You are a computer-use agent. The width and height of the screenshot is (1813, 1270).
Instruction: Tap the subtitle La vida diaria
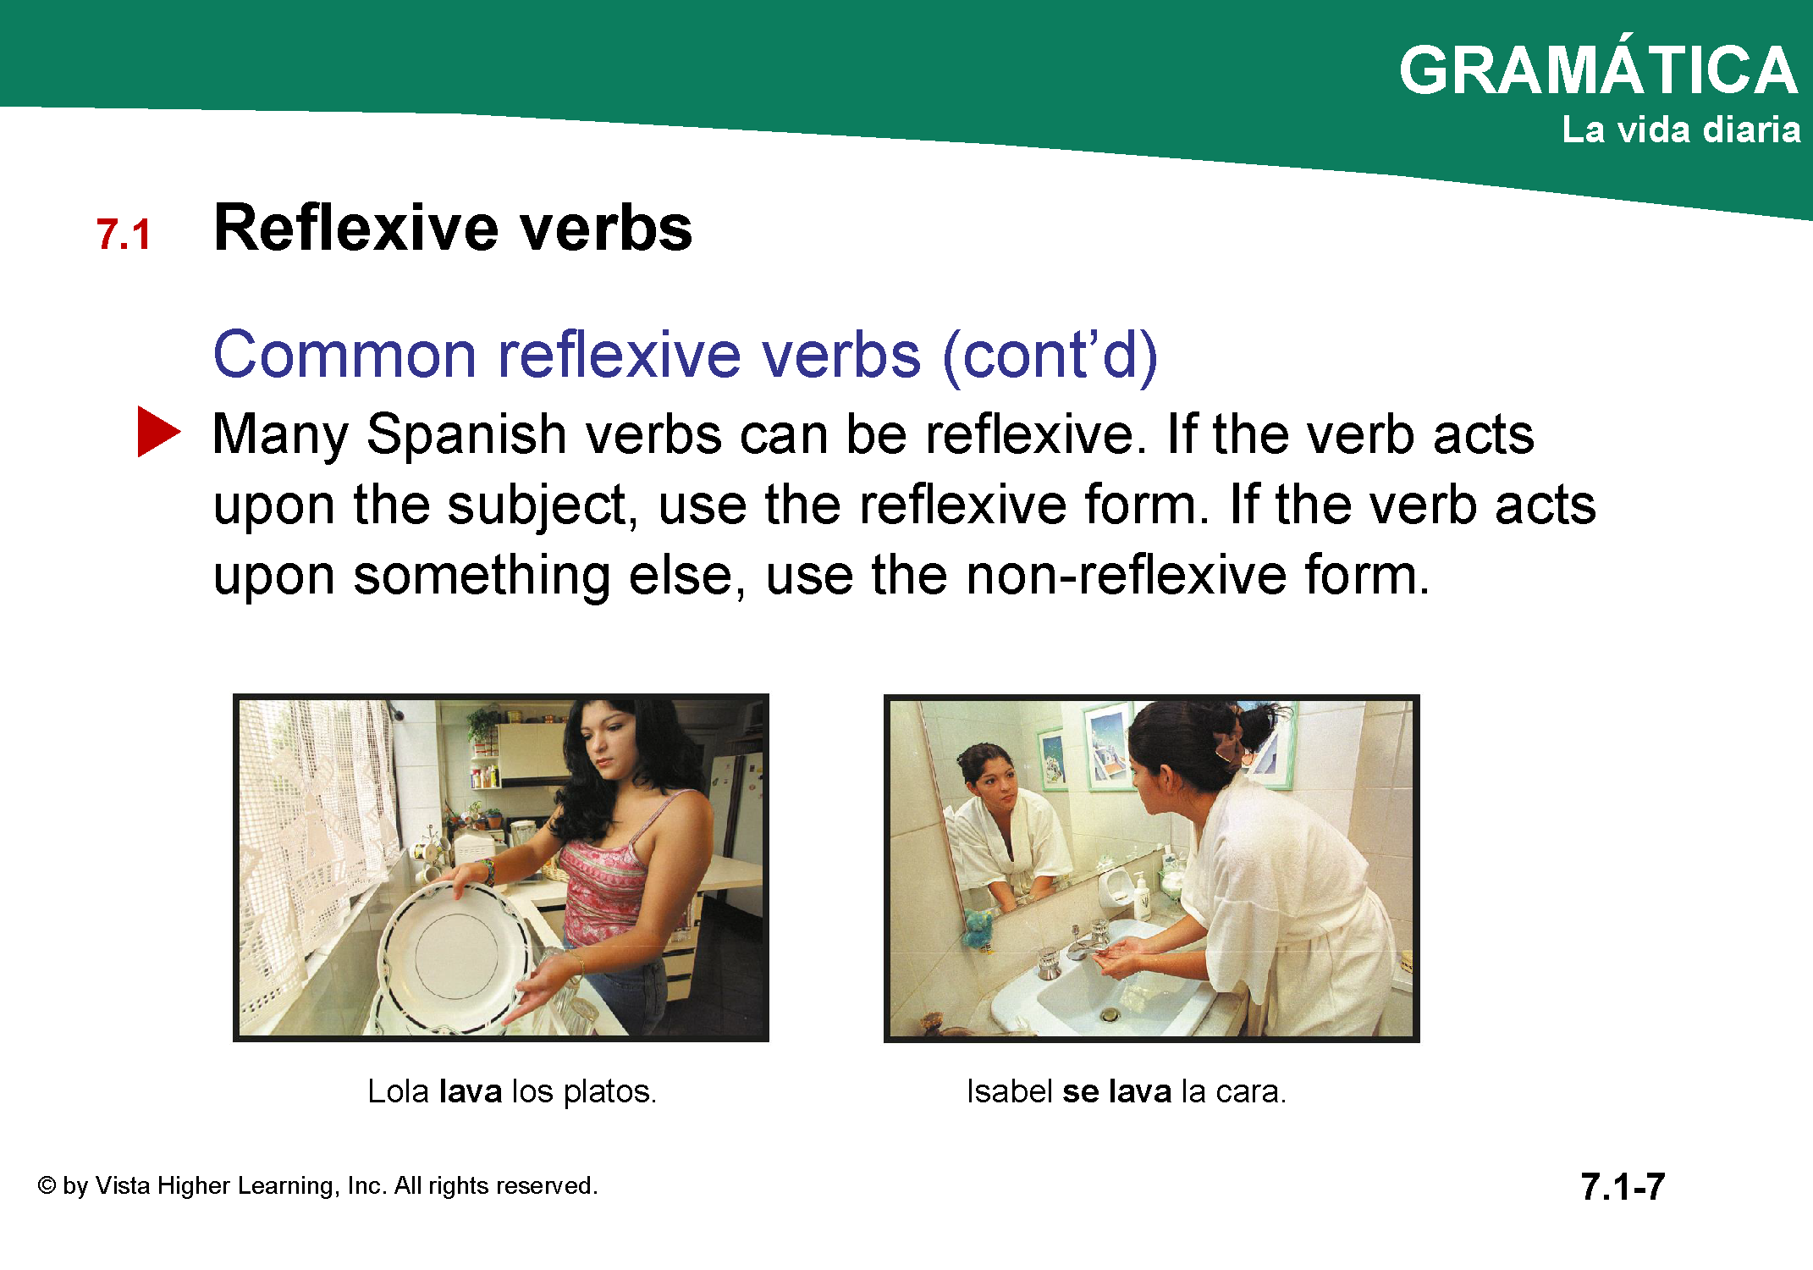point(1681,130)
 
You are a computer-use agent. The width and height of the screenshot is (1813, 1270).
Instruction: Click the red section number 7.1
point(124,235)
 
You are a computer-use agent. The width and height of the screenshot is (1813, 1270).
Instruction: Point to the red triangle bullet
point(158,432)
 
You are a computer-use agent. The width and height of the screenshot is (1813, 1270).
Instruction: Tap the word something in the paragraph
point(482,577)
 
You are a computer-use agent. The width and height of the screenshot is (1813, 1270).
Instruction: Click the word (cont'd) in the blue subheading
point(1050,355)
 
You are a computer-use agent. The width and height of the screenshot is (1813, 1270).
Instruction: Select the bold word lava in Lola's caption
point(471,1091)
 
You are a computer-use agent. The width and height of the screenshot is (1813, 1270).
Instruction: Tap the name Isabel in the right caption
point(1010,1091)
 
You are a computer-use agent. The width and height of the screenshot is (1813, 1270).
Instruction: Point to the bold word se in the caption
point(1081,1092)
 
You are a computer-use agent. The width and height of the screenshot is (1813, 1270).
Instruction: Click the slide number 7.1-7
point(1623,1186)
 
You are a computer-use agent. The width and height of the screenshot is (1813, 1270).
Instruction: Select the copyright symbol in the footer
point(47,1185)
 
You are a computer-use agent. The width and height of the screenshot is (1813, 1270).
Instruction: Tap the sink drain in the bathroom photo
point(1110,1013)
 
